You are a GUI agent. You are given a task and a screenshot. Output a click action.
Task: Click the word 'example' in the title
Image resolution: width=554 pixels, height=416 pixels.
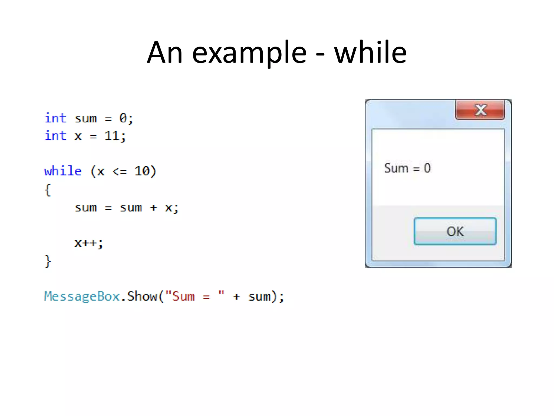249,53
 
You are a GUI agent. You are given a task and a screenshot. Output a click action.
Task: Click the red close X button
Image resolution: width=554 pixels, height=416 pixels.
480,110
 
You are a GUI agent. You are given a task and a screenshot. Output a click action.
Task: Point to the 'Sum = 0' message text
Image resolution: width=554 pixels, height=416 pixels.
407,168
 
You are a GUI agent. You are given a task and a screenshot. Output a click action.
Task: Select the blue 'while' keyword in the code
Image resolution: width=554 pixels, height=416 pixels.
63,171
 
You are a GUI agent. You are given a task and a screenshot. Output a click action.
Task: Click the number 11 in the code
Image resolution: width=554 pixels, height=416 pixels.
112,136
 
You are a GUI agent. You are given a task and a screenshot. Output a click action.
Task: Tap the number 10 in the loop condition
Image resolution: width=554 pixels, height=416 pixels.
142,171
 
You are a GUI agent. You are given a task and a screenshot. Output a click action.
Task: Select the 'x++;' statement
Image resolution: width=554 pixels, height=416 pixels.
89,243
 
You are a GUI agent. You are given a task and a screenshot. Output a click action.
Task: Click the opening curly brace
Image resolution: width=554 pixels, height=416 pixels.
48,190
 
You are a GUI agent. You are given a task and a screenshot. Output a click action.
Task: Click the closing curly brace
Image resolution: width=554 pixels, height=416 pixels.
48,261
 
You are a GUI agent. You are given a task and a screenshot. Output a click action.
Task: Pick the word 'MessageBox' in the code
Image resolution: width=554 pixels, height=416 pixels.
82,296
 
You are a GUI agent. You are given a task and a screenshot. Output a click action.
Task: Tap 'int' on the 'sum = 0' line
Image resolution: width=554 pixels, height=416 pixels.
55,118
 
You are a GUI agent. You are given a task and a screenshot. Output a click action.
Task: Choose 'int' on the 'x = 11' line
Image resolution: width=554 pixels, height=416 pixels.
55,136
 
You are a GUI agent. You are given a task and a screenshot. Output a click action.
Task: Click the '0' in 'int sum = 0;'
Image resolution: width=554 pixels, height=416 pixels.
123,118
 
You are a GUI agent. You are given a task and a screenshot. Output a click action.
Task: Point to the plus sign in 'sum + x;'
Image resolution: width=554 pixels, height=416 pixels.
153,208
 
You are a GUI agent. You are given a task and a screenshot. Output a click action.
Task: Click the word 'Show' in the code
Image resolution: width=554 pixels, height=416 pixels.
142,296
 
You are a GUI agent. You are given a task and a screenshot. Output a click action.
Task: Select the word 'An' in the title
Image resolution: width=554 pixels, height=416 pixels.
165,53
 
